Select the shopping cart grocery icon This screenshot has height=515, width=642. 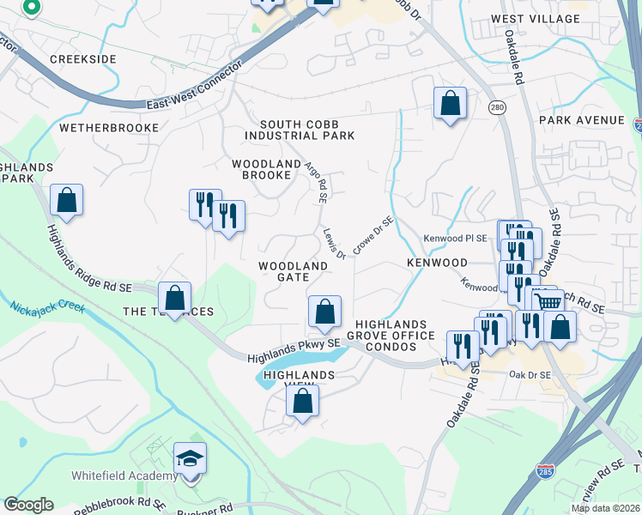point(548,301)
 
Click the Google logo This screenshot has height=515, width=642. point(27,505)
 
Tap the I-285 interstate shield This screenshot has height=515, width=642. point(547,471)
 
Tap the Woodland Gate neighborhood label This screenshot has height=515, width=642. point(293,271)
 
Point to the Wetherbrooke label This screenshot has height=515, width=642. point(109,127)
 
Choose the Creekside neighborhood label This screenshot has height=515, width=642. point(82,58)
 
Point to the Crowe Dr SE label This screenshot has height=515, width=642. point(372,234)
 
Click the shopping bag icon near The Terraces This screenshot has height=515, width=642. point(174,299)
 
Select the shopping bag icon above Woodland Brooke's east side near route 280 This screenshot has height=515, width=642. point(449,104)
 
